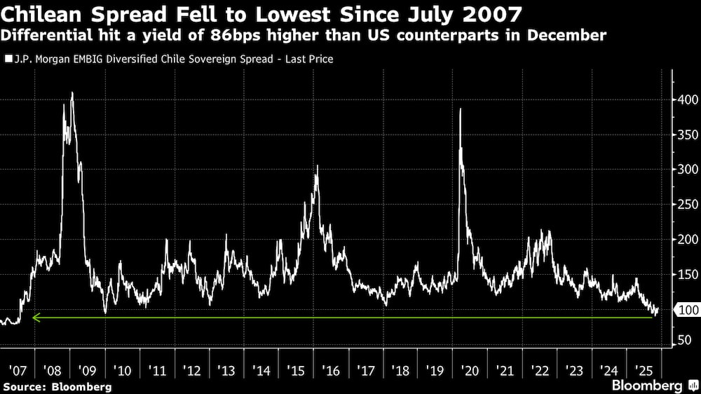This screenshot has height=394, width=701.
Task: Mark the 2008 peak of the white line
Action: pos(72,93)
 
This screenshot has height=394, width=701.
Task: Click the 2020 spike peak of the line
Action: pos(461,109)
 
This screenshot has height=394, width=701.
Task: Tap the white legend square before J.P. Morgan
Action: pos(8,60)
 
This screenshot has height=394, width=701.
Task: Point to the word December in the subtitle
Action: pos(567,35)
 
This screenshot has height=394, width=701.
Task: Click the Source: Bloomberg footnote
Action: pos(57,386)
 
